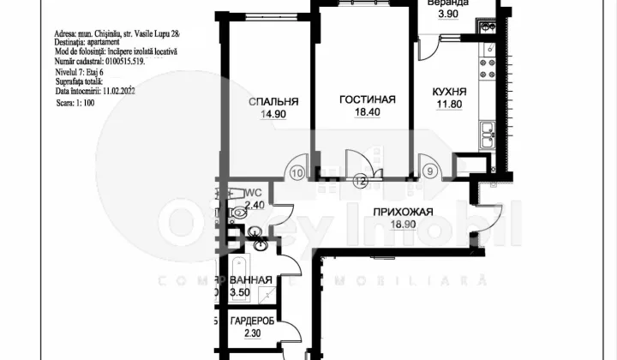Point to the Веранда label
[447, 3]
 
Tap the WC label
[252, 194]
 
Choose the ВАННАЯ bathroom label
[251, 280]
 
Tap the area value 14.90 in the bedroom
[267, 116]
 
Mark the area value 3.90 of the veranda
[446, 15]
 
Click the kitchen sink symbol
[488, 133]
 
